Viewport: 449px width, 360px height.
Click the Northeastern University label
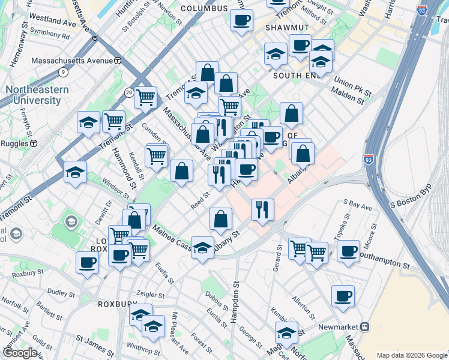point(37,94)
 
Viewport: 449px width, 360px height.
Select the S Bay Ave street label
point(358,206)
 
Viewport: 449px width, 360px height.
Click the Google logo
point(20,353)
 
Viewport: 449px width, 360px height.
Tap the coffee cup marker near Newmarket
point(343,295)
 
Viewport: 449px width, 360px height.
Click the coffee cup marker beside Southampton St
point(348,250)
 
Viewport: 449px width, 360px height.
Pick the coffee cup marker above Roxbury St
point(88,262)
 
